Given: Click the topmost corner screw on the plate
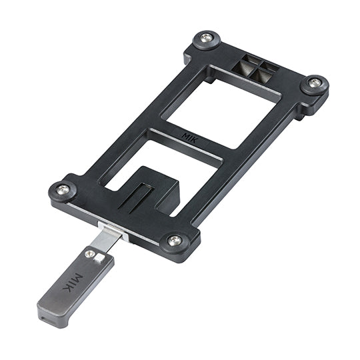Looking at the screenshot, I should [x=207, y=38].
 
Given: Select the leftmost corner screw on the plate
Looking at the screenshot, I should [x=63, y=190].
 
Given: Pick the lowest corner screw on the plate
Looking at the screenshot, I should [x=175, y=240].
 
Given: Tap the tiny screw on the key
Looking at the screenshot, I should [x=89, y=254].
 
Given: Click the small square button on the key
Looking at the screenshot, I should [x=99, y=257].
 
